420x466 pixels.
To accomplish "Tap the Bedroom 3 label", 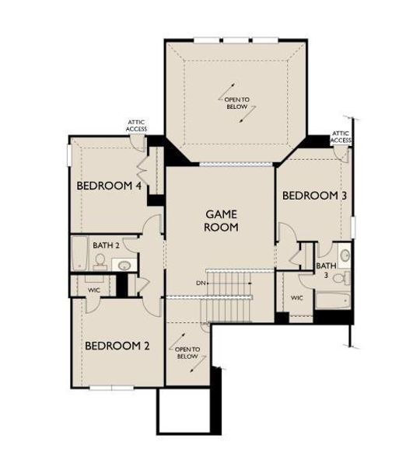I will pyautogui.click(x=313, y=196).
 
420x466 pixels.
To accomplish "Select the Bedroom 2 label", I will pyautogui.click(x=117, y=346).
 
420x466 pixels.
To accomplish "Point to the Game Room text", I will pyautogui.click(x=221, y=220).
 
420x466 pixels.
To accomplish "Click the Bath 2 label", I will pyautogui.click(x=107, y=245).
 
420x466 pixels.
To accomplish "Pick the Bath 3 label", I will pyautogui.click(x=326, y=270).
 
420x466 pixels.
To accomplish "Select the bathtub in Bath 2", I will pyautogui.click(x=79, y=254).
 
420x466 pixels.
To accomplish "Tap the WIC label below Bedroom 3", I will pyautogui.click(x=296, y=297).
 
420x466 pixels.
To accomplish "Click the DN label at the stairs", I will pyautogui.click(x=199, y=283).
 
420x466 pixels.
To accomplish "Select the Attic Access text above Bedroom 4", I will pyautogui.click(x=137, y=125).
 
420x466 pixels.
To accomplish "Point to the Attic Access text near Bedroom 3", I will pyautogui.click(x=341, y=137).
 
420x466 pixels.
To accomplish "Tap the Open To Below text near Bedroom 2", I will pyautogui.click(x=189, y=353).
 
